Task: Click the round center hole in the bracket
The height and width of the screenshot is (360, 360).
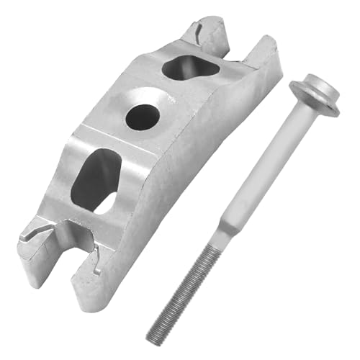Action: tap(142, 116)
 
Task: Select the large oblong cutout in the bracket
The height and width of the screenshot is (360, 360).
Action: tap(96, 178)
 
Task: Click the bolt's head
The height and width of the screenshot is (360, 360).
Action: tap(315, 91)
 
